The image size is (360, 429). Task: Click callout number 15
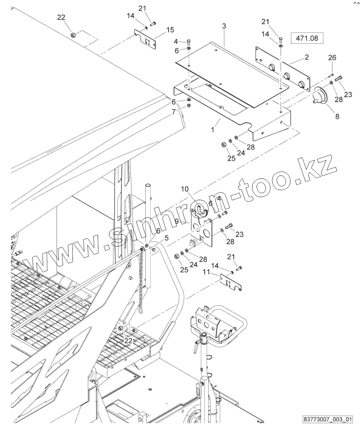[170, 30]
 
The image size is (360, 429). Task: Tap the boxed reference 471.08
[307, 38]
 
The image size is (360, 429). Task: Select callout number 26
[332, 58]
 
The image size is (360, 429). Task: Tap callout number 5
[166, 238]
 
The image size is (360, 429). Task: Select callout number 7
[173, 112]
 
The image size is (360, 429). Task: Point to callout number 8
[337, 116]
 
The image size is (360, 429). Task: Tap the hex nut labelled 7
[189, 106]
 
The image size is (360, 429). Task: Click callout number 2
[306, 57]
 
